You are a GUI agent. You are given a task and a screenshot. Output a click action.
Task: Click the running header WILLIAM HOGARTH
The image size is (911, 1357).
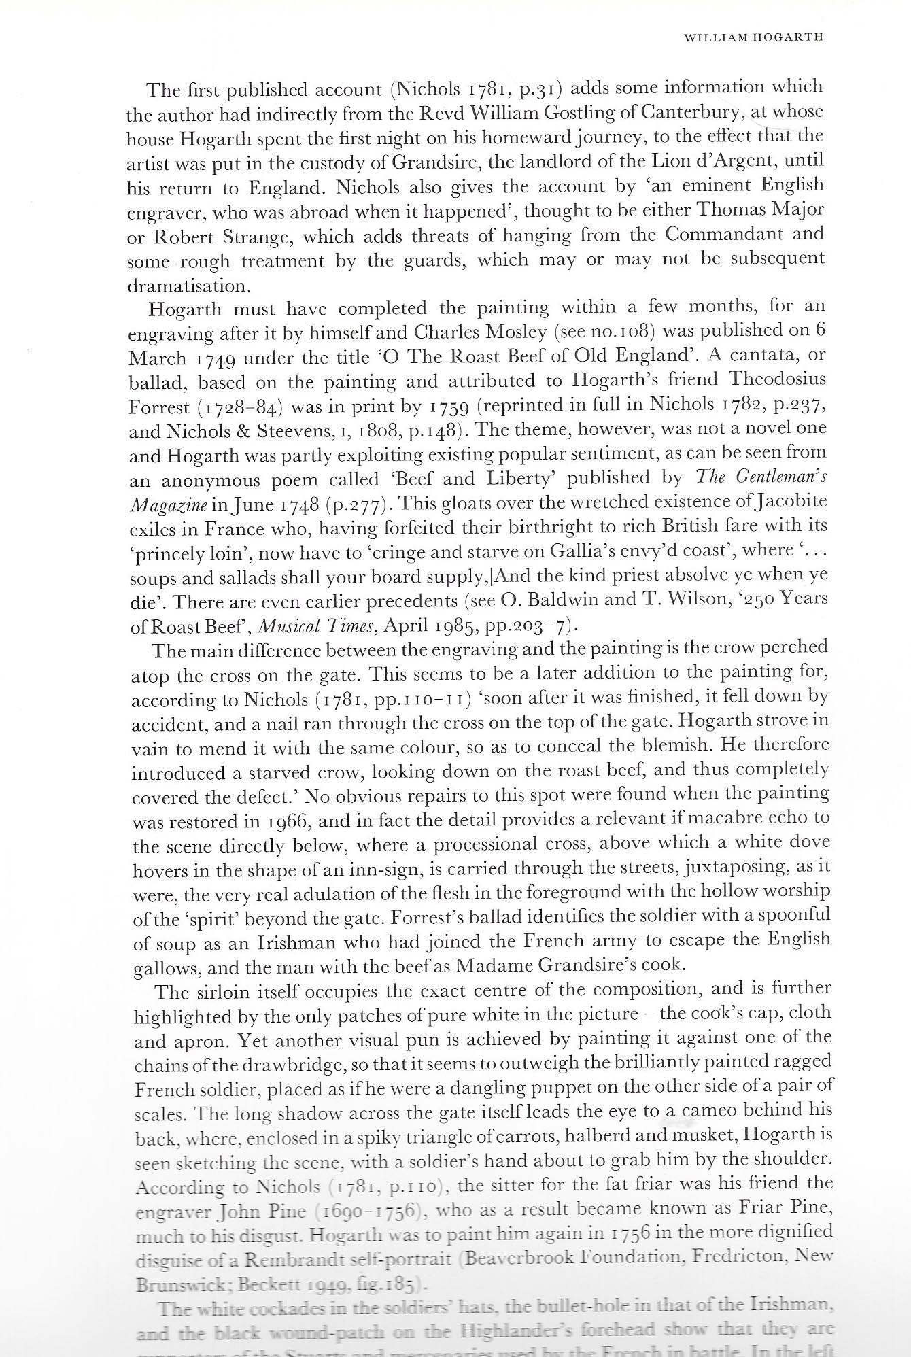pyautogui.click(x=753, y=37)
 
